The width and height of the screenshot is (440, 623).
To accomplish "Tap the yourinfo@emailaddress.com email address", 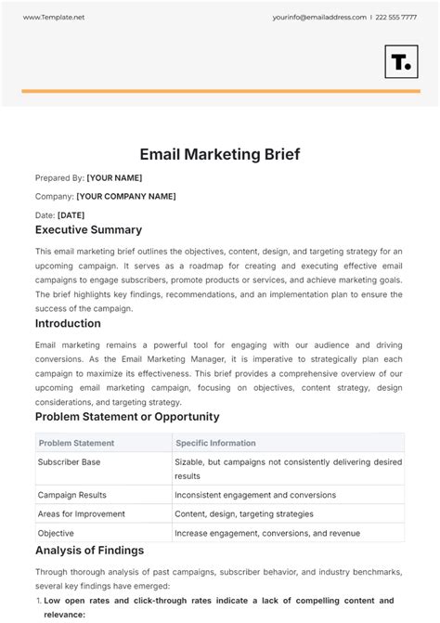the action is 318,17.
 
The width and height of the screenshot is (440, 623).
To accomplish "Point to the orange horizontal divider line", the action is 219,91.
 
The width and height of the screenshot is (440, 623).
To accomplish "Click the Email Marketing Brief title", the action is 220,154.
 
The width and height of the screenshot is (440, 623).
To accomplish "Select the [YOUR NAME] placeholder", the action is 114,177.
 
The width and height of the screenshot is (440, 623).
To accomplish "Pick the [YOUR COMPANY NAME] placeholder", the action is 125,196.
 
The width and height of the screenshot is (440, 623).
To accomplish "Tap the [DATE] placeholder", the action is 71,214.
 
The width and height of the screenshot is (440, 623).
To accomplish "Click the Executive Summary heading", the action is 88,229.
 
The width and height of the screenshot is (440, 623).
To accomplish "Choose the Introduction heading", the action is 68,323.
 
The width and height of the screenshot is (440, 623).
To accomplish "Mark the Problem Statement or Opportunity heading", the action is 127,417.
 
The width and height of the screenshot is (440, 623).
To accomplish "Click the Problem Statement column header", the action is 76,443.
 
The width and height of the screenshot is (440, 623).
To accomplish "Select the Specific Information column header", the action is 215,443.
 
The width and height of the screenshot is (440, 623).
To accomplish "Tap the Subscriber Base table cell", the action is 69,461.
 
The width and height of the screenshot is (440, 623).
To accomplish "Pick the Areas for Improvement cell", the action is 80,513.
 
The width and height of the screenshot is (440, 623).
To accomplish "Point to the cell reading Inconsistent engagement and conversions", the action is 254,495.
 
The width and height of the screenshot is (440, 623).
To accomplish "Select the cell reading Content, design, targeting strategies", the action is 243,513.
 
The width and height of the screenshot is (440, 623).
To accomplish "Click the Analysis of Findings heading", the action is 89,551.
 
